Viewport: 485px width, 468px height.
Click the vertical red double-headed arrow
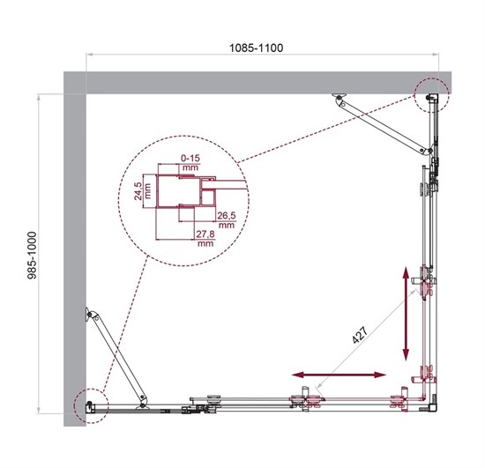(x=407, y=313)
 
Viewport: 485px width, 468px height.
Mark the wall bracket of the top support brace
(x=337, y=98)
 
